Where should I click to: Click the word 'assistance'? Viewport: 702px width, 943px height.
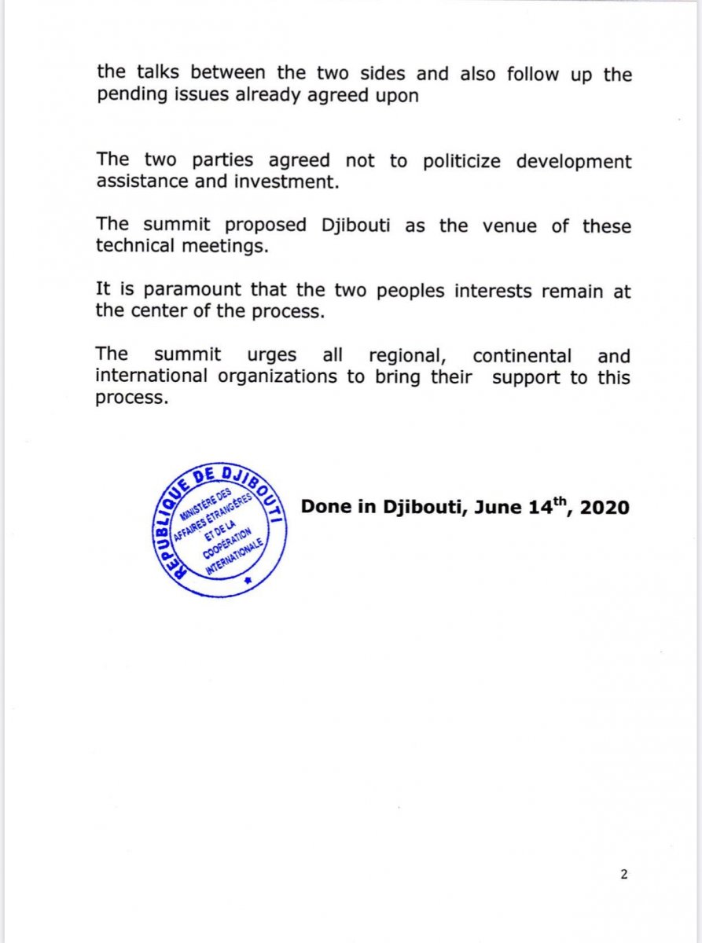(141, 182)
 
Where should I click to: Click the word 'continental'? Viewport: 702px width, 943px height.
(522, 355)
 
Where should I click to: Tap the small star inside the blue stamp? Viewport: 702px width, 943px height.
(249, 579)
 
